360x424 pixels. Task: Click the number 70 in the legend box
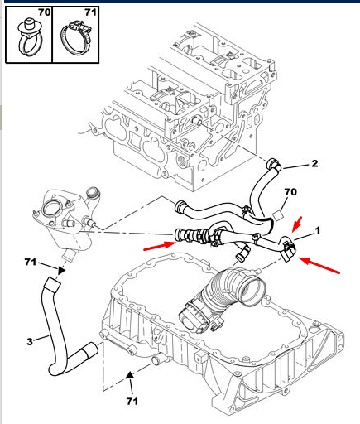coord(45,12)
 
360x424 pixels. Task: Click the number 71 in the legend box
coord(90,12)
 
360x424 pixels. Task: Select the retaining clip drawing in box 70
coord(31,37)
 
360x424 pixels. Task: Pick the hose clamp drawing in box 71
coord(75,39)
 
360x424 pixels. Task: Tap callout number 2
coord(314,164)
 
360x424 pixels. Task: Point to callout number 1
coord(318,230)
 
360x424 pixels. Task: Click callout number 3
coord(30,342)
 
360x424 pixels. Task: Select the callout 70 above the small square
coord(290,192)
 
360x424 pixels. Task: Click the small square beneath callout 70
coord(278,215)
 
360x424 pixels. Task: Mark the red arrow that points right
coord(160,246)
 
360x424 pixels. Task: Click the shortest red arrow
coord(297,224)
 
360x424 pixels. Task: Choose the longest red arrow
coord(319,265)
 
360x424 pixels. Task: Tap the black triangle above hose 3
coord(60,271)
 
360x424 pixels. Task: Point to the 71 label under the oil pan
coord(132,401)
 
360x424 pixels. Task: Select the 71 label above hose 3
coord(31,262)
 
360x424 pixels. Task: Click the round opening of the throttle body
coord(253,291)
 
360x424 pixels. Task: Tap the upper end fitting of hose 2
coord(274,165)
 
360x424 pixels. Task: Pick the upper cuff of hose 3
coord(53,285)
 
